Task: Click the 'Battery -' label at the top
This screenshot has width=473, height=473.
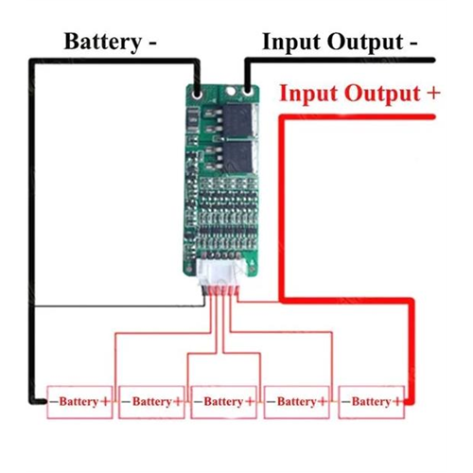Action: tap(111, 42)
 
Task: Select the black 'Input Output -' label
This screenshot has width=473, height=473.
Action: tap(340, 42)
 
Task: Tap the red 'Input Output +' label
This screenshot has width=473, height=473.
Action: tap(359, 94)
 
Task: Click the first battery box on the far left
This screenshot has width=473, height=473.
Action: tap(79, 402)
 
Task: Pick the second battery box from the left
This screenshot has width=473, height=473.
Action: tap(151, 402)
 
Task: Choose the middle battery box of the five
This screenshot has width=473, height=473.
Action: tap(224, 402)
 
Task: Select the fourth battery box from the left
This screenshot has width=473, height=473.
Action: tap(297, 402)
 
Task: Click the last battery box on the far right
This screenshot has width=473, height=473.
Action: tap(372, 402)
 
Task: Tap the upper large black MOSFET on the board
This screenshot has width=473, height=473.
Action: tap(238, 121)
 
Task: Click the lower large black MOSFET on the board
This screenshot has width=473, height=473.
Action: tap(238, 157)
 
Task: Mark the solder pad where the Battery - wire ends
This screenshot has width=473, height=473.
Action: tap(198, 94)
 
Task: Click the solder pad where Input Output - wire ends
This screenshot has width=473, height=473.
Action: tap(248, 92)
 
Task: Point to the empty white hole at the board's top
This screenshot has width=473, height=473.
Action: tap(231, 91)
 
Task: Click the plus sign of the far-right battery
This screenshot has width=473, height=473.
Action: tap(397, 402)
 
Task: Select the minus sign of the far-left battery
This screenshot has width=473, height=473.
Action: tap(54, 402)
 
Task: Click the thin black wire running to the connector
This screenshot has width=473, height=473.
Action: tap(120, 306)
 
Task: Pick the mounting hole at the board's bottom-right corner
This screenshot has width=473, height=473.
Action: tap(252, 270)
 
